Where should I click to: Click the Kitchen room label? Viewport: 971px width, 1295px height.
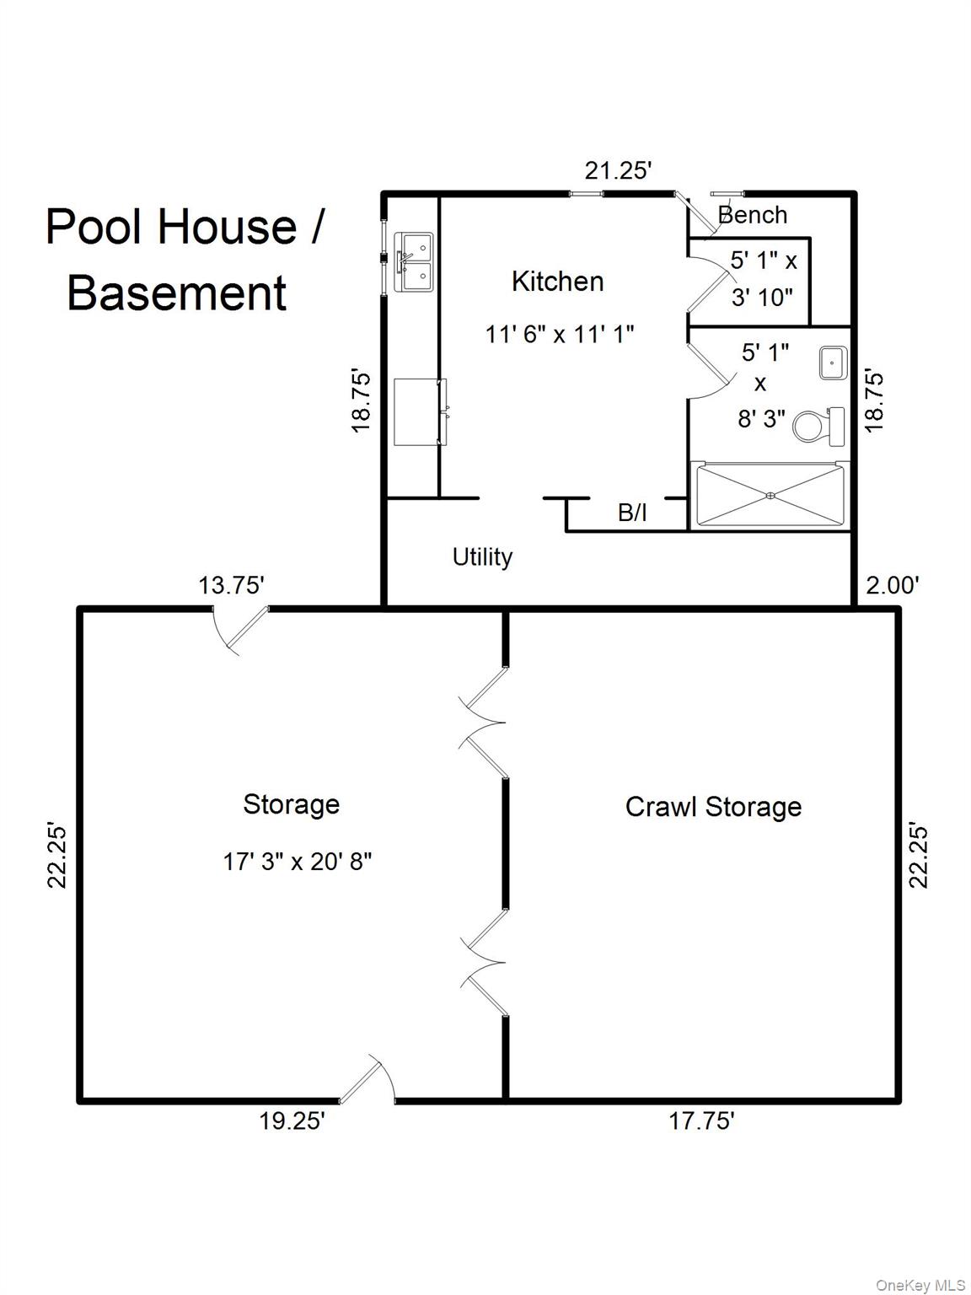pos(557,282)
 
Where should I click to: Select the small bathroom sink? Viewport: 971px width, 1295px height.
pos(832,363)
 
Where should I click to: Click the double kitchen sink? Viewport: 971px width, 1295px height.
pos(414,262)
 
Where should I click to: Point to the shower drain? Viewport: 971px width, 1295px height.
pos(770,496)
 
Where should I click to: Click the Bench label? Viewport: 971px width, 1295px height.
pos(753,215)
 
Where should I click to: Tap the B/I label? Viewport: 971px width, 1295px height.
pos(632,512)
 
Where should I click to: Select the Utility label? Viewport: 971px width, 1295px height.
pos(482,556)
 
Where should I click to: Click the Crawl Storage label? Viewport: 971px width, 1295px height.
pos(713,807)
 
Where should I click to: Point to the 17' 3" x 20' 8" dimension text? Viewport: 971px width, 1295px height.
pos(297,862)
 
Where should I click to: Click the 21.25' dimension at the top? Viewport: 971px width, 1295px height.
pos(618,170)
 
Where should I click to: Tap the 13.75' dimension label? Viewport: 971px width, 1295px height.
pos(231,585)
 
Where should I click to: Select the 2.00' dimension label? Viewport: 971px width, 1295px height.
pos(892,585)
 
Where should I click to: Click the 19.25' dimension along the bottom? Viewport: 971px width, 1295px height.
pos(291,1121)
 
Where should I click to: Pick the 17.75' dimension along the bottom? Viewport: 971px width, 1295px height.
pos(701,1121)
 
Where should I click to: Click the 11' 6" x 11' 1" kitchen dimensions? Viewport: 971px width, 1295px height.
pos(559,334)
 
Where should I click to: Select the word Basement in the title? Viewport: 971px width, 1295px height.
pos(176,293)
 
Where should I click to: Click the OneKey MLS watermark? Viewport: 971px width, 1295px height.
pos(920,1285)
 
